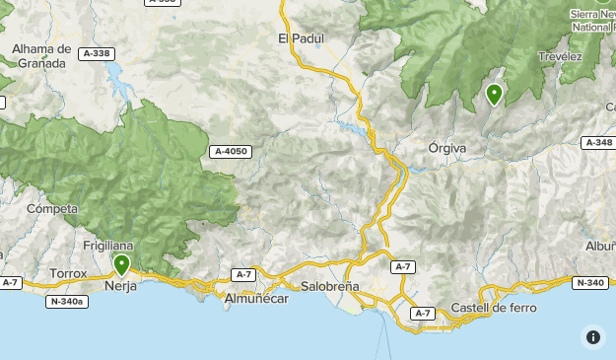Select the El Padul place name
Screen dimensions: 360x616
pyautogui.click(x=301, y=38)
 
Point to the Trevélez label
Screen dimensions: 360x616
pyautogui.click(x=560, y=57)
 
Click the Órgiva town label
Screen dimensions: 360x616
pyautogui.click(x=447, y=148)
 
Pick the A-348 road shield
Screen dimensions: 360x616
pyautogui.click(x=598, y=143)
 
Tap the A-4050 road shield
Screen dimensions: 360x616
pyautogui.click(x=230, y=152)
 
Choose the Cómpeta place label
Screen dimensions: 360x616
pyautogui.click(x=52, y=209)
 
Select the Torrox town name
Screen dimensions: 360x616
pyautogui.click(x=68, y=273)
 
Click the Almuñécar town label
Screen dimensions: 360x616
pyautogui.click(x=255, y=298)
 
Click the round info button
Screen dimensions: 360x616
pyautogui.click(x=592, y=336)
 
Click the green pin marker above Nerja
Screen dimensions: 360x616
pyautogui.click(x=121, y=264)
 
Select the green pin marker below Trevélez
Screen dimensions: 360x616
pyautogui.click(x=494, y=95)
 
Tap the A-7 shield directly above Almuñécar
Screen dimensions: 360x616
pyautogui.click(x=244, y=273)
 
